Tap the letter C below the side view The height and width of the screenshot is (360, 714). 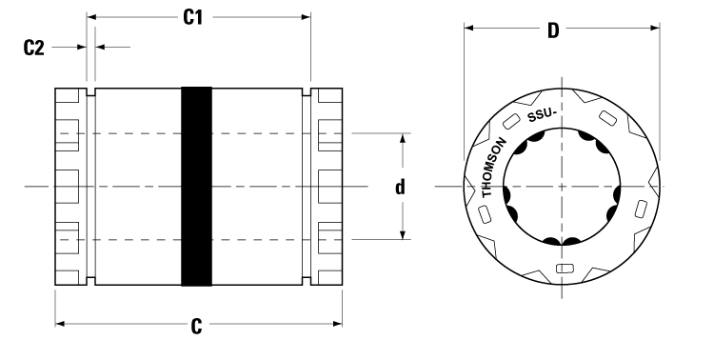point(197,326)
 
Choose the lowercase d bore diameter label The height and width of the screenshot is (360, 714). point(402,187)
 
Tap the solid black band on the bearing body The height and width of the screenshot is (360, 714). point(196,186)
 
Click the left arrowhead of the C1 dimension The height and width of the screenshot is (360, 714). point(91,16)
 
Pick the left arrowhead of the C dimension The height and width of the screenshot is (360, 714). point(60,325)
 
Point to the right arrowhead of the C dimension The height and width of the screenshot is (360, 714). point(339,325)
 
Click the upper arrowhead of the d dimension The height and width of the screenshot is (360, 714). point(403,139)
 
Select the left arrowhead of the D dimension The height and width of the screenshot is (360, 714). point(468,28)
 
